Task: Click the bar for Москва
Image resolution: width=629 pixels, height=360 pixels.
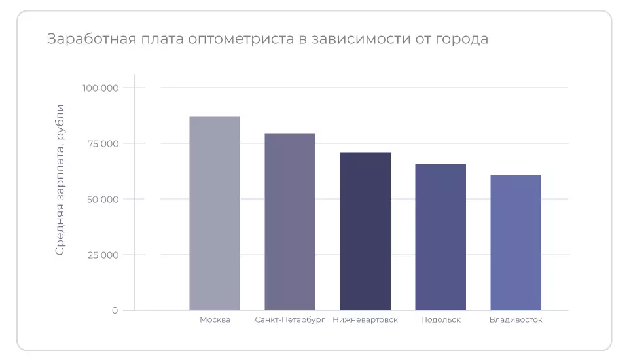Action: pyautogui.click(x=215, y=213)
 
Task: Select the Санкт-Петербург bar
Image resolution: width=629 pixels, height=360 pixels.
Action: pyautogui.click(x=290, y=221)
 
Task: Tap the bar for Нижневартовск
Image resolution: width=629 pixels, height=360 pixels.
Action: pyautogui.click(x=365, y=231)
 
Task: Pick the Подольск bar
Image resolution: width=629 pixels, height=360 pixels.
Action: pyautogui.click(x=440, y=237)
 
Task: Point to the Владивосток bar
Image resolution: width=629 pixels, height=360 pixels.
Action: pyautogui.click(x=516, y=242)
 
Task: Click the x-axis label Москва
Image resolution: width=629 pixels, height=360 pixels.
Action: pyautogui.click(x=215, y=320)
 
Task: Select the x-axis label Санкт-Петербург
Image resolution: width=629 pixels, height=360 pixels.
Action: pyautogui.click(x=290, y=320)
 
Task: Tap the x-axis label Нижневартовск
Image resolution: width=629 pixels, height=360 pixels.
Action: pyautogui.click(x=365, y=320)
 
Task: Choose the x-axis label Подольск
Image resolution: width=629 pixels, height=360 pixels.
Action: pyautogui.click(x=440, y=320)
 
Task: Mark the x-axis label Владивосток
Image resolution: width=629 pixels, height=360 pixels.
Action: pyautogui.click(x=516, y=320)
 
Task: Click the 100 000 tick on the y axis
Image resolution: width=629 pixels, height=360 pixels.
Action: pyautogui.click(x=100, y=88)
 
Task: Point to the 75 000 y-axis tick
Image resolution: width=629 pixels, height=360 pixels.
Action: pyautogui.click(x=103, y=143)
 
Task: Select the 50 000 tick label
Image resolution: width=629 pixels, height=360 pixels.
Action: pyautogui.click(x=102, y=199)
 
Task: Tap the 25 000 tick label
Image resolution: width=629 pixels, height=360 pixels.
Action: pyautogui.click(x=102, y=255)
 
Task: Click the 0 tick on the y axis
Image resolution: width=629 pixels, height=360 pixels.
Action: pyautogui.click(x=115, y=310)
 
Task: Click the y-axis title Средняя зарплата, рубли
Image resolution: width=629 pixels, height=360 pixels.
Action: pyautogui.click(x=60, y=179)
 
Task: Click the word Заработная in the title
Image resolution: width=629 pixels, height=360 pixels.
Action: pyautogui.click(x=86, y=39)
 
